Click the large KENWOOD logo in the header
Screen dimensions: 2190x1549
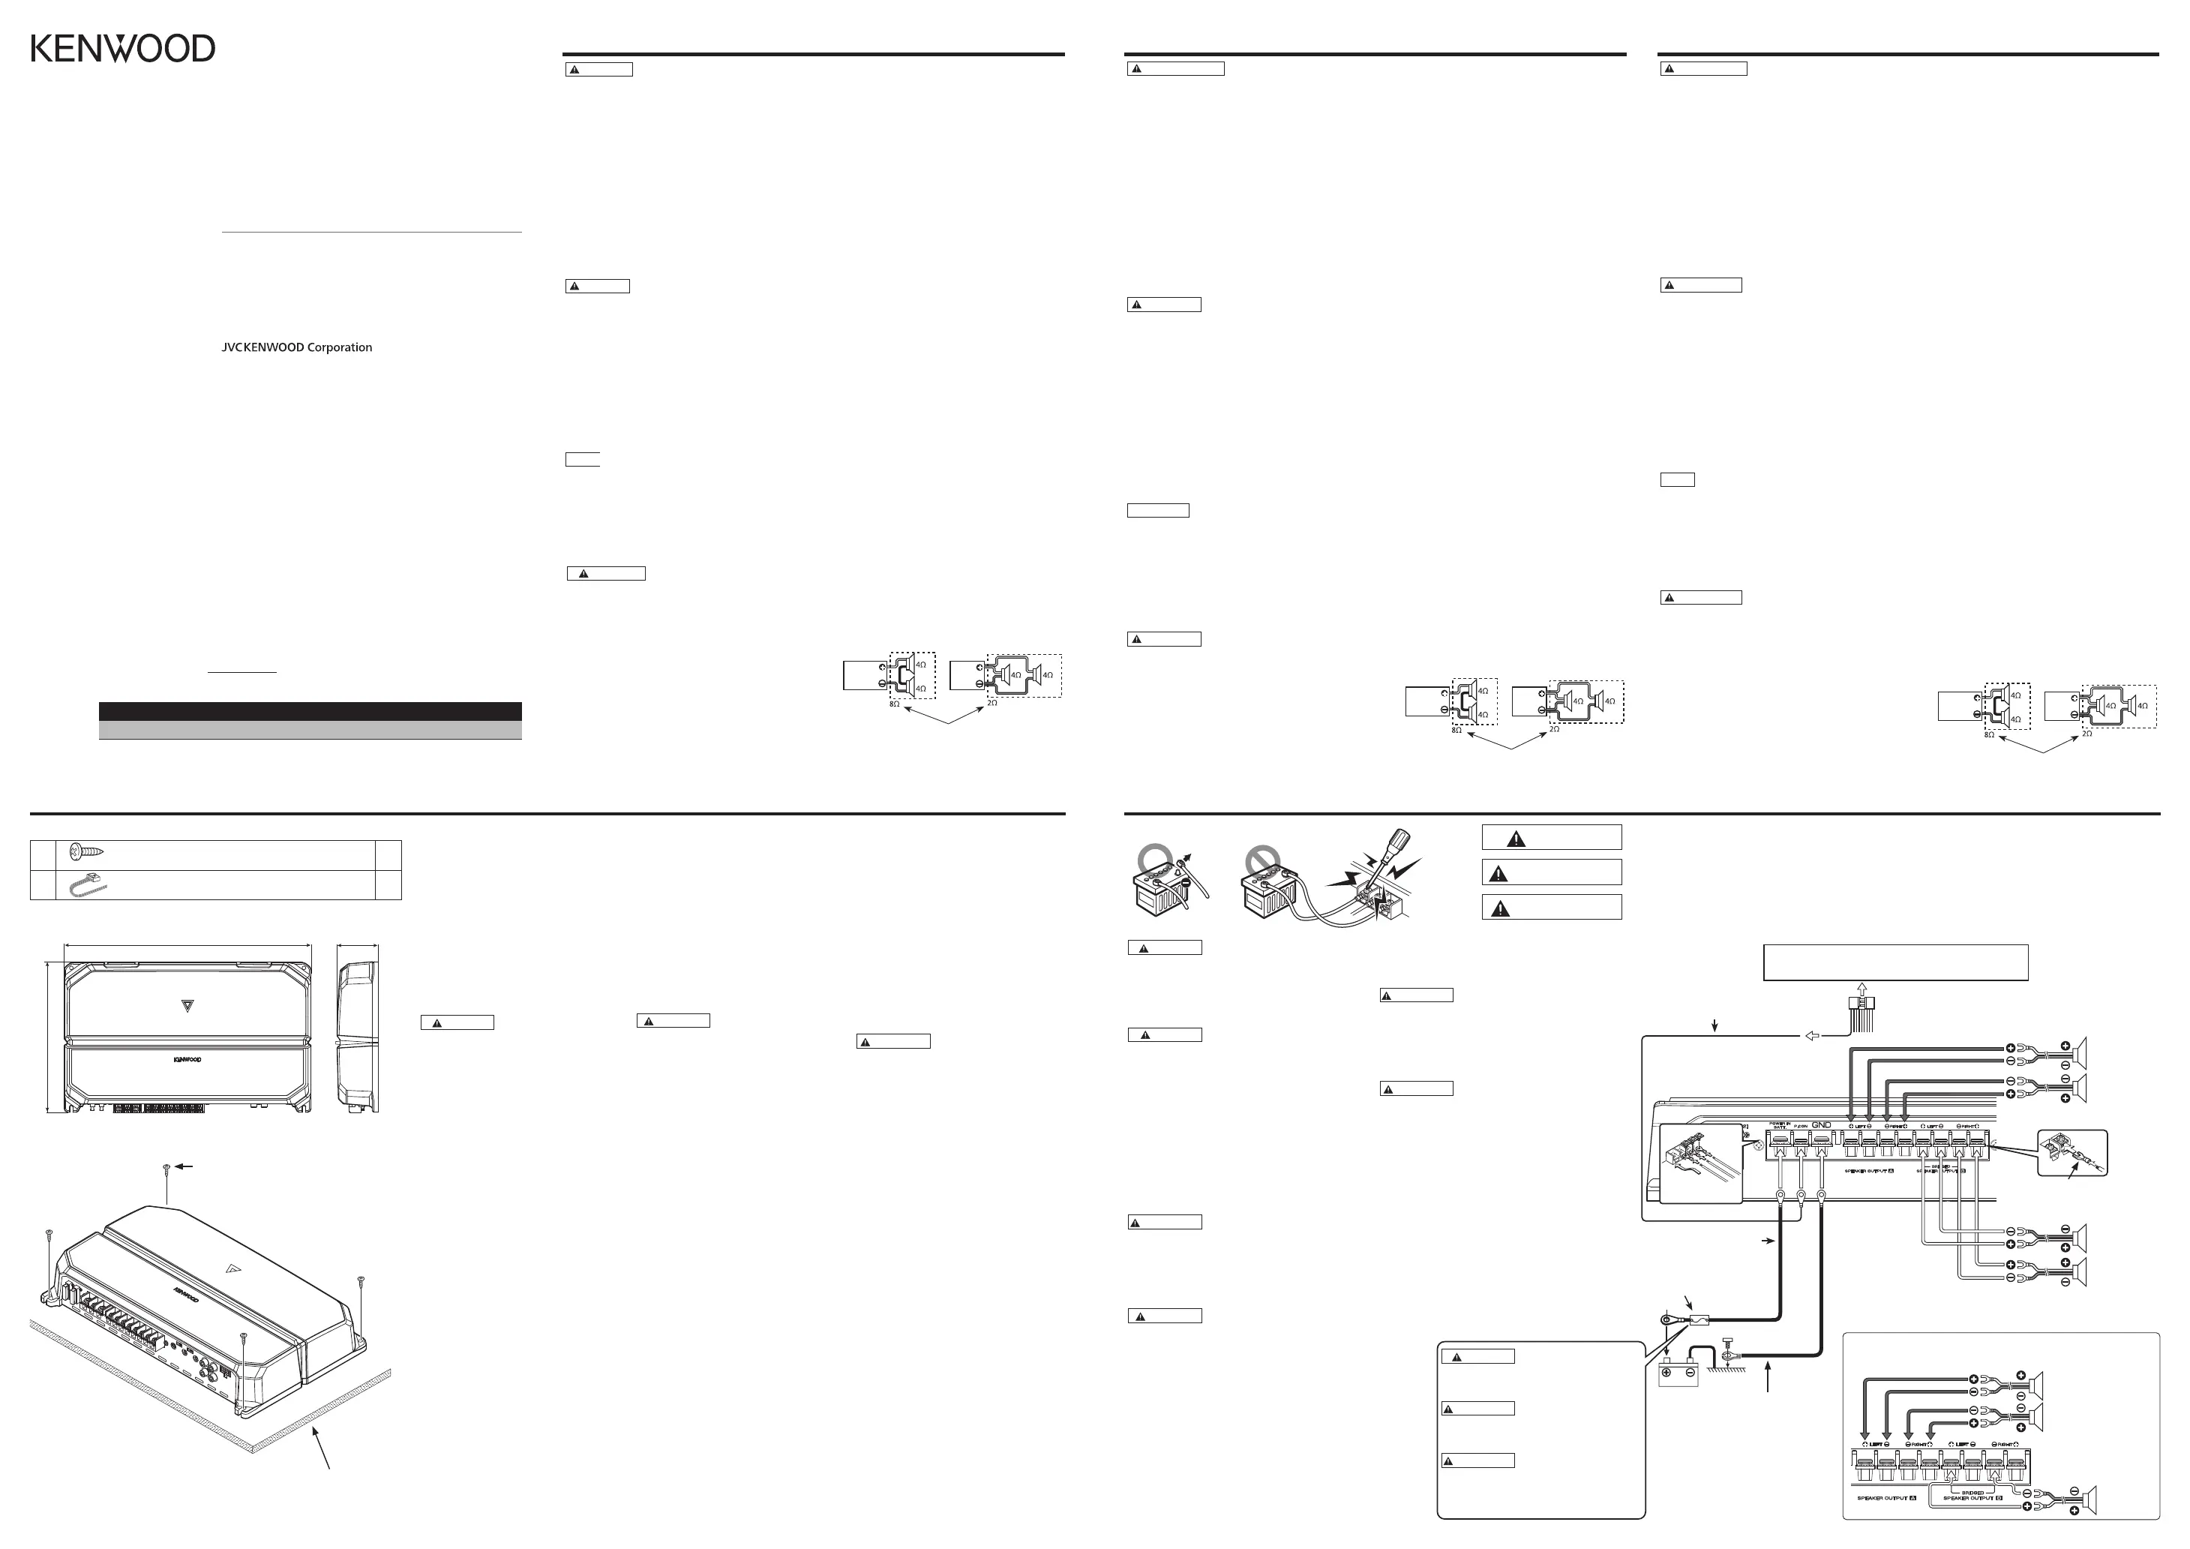[123, 49]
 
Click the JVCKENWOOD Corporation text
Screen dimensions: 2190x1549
[297, 348]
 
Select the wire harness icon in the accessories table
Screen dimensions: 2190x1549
[88, 885]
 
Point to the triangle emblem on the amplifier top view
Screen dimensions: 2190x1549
[187, 1004]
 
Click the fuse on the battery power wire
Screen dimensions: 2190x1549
[1699, 1322]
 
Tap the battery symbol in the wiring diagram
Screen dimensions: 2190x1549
[1678, 1373]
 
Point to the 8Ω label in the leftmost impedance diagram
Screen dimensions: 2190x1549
[894, 703]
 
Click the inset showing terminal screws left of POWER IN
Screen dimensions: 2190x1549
[1699, 1163]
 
